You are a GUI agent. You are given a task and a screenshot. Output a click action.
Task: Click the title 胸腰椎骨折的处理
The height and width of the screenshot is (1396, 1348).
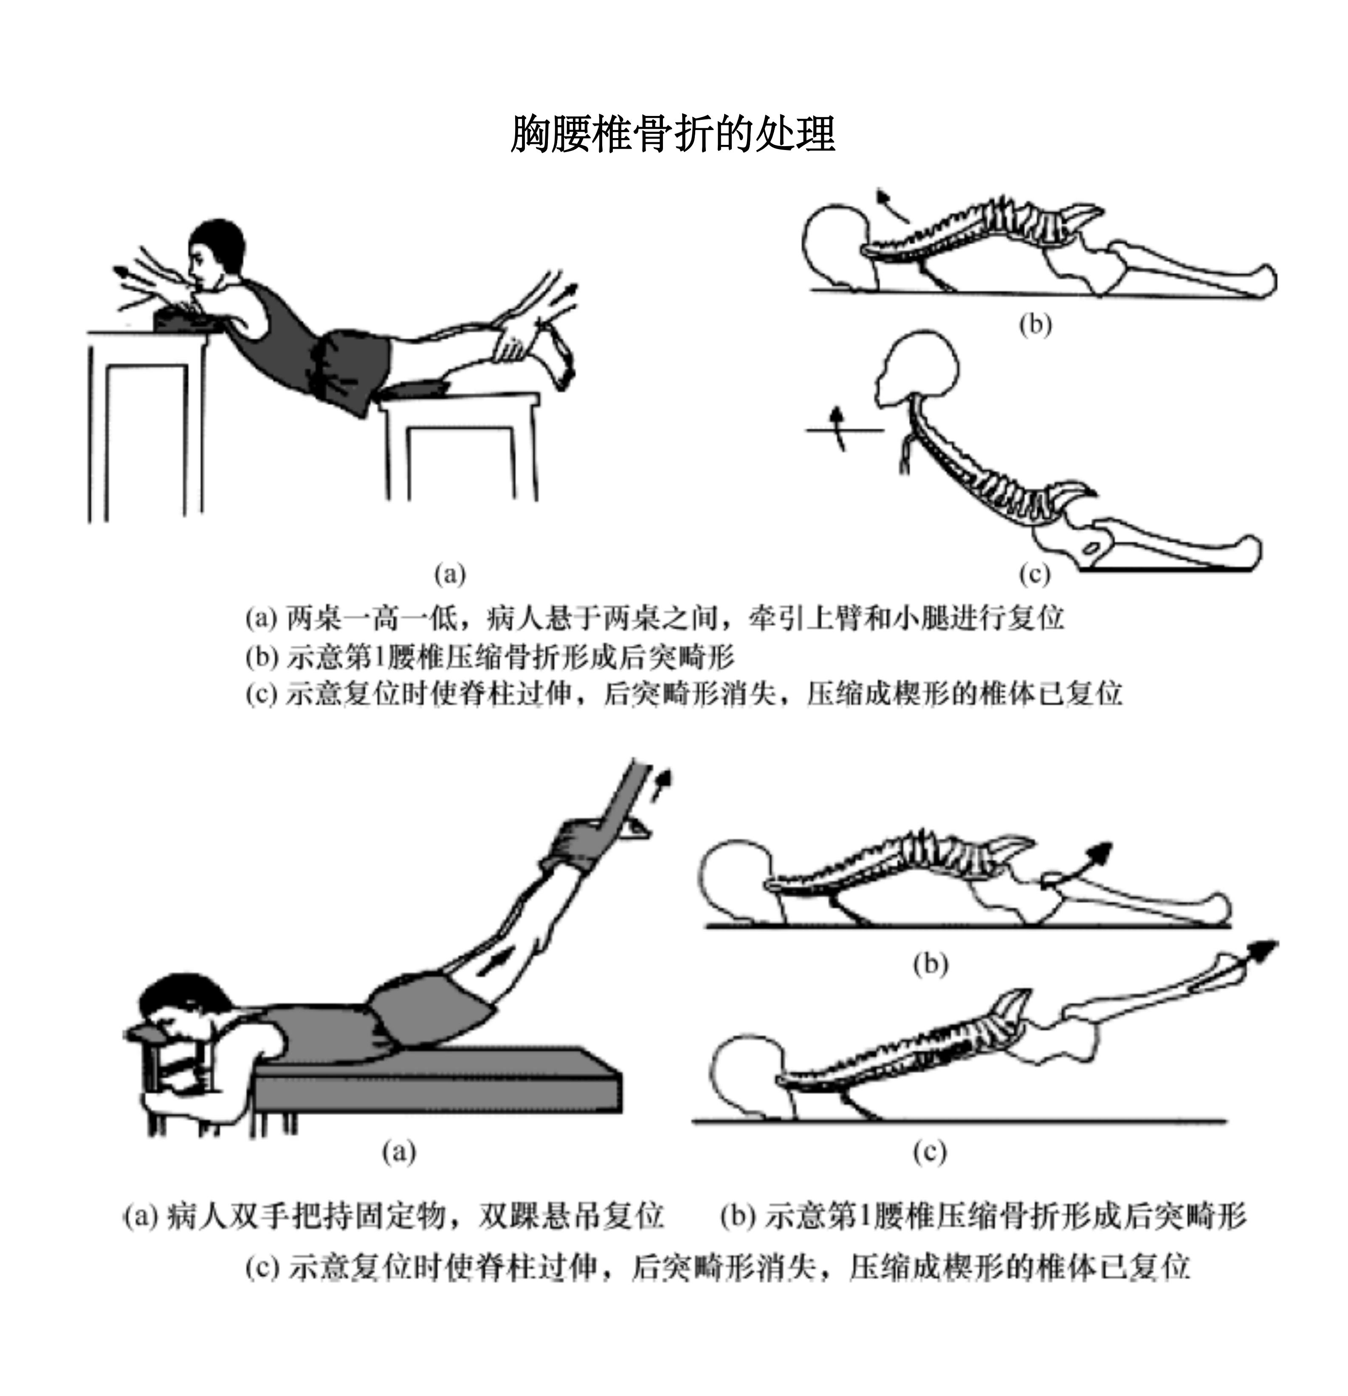(673, 133)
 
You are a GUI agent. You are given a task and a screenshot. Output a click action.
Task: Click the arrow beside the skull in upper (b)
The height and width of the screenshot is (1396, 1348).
(893, 206)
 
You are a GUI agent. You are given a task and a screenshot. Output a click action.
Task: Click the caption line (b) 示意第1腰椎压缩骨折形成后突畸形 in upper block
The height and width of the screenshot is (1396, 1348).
(490, 657)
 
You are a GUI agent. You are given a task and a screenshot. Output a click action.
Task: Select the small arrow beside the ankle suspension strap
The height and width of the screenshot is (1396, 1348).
(663, 788)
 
